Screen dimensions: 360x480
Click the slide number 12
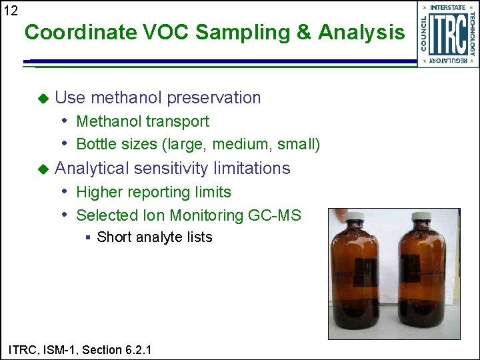pos(11,10)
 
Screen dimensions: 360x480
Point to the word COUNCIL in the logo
pos(424,33)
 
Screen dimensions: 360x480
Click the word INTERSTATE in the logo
pos(447,8)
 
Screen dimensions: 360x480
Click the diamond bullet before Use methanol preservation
pos(43,98)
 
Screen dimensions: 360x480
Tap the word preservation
pos(217,98)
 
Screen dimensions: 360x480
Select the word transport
pos(177,121)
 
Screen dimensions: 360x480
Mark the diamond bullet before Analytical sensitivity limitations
pos(43,169)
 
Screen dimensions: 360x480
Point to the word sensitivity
pos(165,168)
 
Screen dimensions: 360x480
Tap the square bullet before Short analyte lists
pos(89,237)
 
